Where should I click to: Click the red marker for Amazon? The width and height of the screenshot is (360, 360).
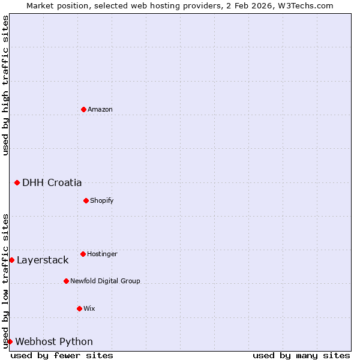(x=84, y=109)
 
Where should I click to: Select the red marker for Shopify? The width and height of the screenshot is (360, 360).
(x=86, y=200)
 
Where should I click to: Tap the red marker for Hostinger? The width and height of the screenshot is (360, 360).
(x=83, y=254)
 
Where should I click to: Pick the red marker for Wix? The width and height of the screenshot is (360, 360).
(x=80, y=308)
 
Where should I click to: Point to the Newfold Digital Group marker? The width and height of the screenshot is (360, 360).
(x=67, y=281)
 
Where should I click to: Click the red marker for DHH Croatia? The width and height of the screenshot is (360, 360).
(x=17, y=182)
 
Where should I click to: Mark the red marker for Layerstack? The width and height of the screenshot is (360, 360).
(x=12, y=260)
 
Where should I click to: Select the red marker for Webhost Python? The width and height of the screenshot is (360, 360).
(x=10, y=341)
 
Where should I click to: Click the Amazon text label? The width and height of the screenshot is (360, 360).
(x=100, y=109)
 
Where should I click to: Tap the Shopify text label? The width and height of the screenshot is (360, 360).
(x=102, y=200)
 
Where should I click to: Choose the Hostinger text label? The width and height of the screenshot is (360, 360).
(x=102, y=254)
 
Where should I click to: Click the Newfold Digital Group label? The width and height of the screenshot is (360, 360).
(x=105, y=281)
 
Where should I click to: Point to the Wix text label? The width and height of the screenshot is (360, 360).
(x=89, y=308)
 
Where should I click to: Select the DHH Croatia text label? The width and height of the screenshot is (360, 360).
(x=52, y=183)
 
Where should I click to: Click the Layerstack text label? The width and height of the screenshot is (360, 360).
(x=43, y=260)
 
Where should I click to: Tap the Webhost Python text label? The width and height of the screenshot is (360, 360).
(x=54, y=342)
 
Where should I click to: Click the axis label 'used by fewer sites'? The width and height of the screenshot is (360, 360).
(x=62, y=355)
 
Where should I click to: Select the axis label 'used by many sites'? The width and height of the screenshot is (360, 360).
(x=301, y=355)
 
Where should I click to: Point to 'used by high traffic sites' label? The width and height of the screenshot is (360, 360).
(x=5, y=85)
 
